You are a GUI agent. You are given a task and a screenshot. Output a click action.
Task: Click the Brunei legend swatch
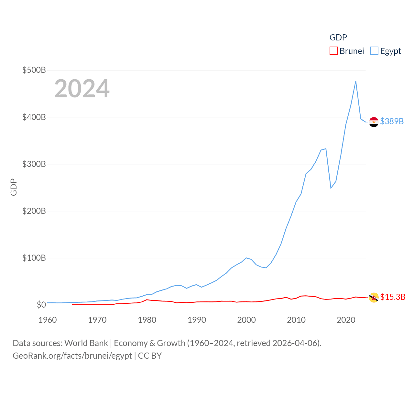coord(334,51)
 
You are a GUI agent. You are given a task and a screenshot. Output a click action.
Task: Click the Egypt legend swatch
coord(374,51)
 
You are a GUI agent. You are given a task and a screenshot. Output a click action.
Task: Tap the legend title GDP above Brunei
coord(338,38)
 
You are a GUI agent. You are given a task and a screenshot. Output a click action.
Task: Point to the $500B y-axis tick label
coord(34,70)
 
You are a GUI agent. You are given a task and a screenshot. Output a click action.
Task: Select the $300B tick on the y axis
coord(34,164)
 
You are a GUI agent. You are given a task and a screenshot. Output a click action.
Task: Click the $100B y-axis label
coord(34,258)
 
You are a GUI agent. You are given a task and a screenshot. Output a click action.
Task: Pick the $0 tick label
coord(41,305)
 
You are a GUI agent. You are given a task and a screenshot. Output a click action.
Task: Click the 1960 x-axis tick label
coord(48,320)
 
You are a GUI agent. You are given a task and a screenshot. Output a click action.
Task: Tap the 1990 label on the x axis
coord(197,320)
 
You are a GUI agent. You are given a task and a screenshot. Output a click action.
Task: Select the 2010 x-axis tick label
coord(296,320)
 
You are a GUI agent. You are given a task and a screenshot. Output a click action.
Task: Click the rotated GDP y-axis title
coord(14,187)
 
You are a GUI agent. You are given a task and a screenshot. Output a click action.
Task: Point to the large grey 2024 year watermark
coord(82,89)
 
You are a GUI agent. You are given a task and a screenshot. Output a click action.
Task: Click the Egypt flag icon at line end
coord(374,122)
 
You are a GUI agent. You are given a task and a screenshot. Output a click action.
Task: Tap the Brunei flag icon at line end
coord(374,298)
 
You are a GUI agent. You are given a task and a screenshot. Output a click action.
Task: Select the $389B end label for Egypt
coord(392,121)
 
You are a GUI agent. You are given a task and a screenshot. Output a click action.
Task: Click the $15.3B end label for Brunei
coord(393,297)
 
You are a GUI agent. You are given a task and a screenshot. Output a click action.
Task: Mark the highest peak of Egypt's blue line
coord(356,81)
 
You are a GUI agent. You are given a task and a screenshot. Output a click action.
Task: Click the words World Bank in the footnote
coord(86,343)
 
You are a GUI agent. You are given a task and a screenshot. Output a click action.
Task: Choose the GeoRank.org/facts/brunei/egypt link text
coord(72,356)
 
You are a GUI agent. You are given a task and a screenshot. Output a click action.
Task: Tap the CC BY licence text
coord(150,356)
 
